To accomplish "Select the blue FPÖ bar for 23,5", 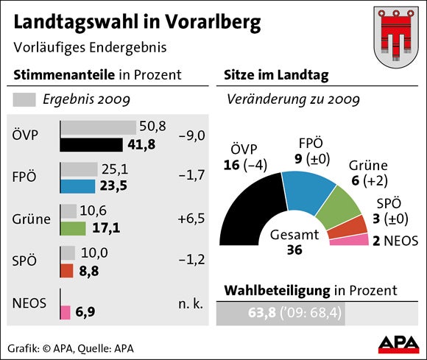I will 77,186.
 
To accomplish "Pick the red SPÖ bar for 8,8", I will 66,270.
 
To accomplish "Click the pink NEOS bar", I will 65,312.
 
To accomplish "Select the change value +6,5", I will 191,219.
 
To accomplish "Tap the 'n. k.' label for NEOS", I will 191,303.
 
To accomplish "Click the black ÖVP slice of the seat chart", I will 250,213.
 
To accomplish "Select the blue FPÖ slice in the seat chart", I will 309,188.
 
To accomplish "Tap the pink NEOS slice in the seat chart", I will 354,239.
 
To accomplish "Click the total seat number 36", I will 294,250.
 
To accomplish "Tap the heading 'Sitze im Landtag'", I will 275,74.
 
